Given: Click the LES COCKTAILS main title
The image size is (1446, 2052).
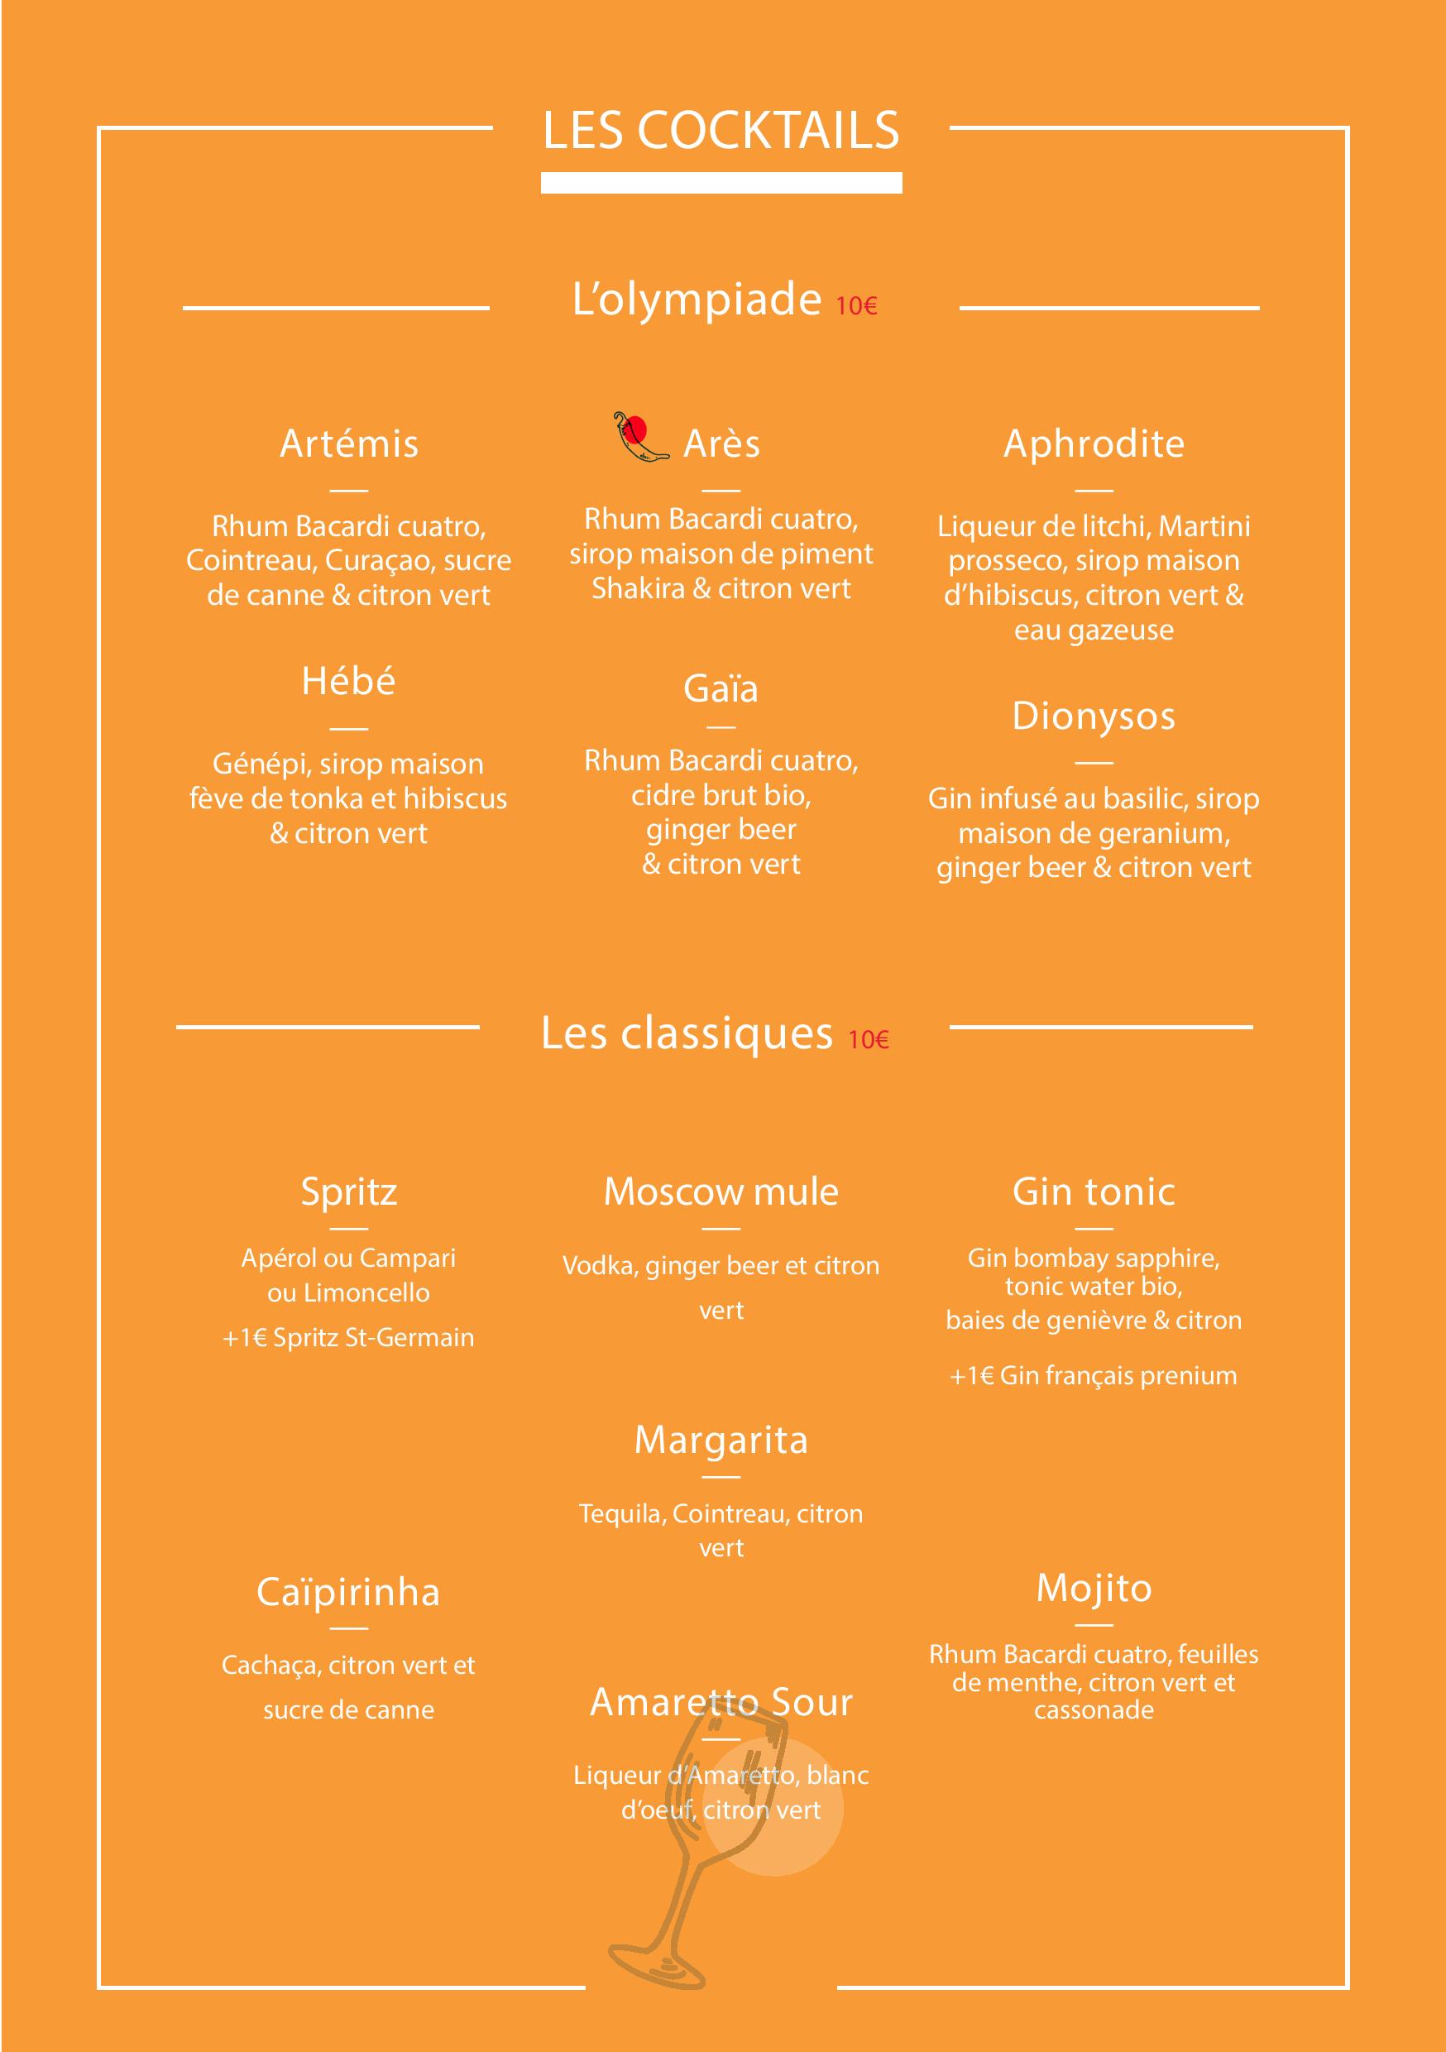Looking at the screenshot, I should coord(721,131).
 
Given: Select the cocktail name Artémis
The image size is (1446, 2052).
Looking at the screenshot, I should coord(348,443).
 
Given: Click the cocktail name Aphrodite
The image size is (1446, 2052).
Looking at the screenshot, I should coord(1093,443).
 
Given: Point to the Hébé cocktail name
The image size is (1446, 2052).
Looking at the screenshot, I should coord(348,681).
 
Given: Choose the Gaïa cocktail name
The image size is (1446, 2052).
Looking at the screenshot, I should coord(721,688).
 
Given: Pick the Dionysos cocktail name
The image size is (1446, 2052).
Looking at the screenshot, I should coord(1093,716).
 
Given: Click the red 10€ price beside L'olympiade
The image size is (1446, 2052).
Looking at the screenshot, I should coord(856,305).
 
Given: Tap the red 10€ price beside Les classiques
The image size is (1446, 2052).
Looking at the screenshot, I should coord(868,1039).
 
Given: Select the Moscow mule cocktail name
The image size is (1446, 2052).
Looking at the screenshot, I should coord(721,1191).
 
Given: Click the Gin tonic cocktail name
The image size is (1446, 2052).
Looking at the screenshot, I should coord(1093,1191).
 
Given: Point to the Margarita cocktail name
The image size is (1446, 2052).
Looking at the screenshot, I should coord(721,1440).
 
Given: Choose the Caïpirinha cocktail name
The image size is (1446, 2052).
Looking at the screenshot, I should coord(348,1593).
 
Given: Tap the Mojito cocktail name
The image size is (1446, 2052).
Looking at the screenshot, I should coord(1093,1588).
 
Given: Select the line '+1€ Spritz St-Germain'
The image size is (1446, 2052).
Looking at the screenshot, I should coord(348,1338).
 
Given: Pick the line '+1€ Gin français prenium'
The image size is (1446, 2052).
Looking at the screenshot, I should coord(1093,1375).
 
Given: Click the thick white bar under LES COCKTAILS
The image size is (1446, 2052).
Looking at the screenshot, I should coord(721,183).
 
